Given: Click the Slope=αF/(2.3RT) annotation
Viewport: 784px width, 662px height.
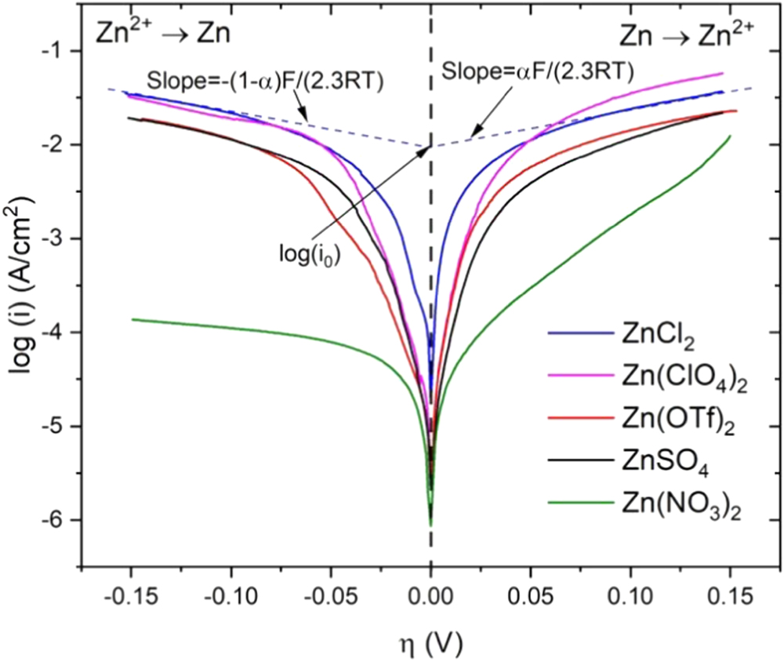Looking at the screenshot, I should click(x=537, y=72).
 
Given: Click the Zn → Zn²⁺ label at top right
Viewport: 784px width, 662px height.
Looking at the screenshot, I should click(x=687, y=33).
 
